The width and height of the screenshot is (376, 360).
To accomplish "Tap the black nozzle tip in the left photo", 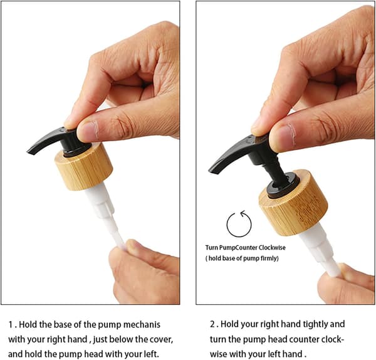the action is (x=31, y=151).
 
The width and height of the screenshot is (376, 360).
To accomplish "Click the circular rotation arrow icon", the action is (x=239, y=224).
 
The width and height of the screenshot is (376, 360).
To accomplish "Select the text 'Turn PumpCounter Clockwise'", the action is (x=245, y=248).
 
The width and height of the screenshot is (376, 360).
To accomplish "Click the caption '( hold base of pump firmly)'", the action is (x=242, y=258).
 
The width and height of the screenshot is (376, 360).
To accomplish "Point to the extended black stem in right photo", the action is (x=276, y=172).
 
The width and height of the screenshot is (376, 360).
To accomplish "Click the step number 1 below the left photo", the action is (x=11, y=325).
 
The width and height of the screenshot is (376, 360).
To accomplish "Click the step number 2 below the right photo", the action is (x=212, y=324).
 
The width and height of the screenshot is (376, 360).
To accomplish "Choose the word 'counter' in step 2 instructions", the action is (x=304, y=339).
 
